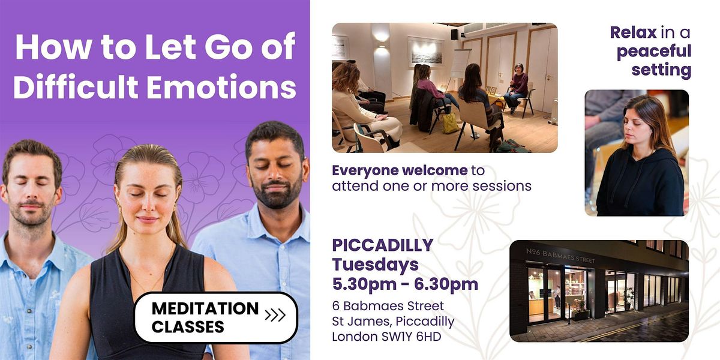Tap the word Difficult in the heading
coord(76,87)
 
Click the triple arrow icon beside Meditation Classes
coord(275,315)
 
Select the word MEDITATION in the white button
coord(205,308)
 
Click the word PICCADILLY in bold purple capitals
coord(383,245)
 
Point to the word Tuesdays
coord(376,265)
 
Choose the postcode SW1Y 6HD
coord(411,337)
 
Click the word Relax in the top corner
coord(633,32)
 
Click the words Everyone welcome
coord(400,170)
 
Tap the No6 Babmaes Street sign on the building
coord(560,256)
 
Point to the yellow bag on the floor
coord(450,123)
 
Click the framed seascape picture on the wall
coord(425,52)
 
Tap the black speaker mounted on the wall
coord(455,34)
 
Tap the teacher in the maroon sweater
coord(517,88)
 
